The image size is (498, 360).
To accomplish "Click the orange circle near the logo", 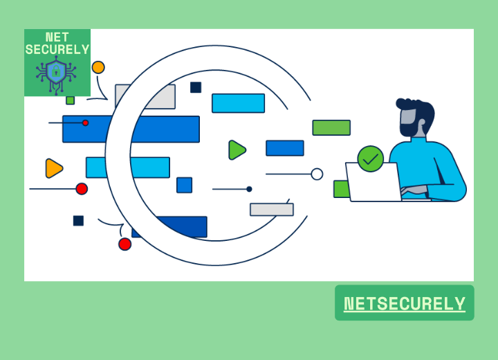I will [x=98, y=67].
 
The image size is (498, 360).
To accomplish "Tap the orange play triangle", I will [x=53, y=168].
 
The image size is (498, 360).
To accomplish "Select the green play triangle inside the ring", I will [x=237, y=150].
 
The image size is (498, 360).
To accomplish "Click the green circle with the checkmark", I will [x=371, y=159].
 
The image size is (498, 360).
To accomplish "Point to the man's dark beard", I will [x=409, y=127].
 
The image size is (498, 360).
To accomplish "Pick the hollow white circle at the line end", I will [x=317, y=174].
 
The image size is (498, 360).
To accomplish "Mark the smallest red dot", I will [x=86, y=123].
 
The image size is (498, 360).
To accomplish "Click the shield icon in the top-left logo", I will [x=56, y=71].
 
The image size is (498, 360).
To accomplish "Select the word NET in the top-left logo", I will [x=57, y=37].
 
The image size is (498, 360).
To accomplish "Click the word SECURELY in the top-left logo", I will [x=57, y=50].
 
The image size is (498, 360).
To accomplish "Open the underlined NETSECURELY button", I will [x=405, y=303].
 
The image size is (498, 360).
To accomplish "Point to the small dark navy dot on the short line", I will [x=249, y=189].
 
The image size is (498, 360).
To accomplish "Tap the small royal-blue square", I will [x=184, y=185].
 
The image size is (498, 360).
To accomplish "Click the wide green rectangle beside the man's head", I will [x=331, y=127].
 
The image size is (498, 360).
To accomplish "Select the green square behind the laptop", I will [x=340, y=189].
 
